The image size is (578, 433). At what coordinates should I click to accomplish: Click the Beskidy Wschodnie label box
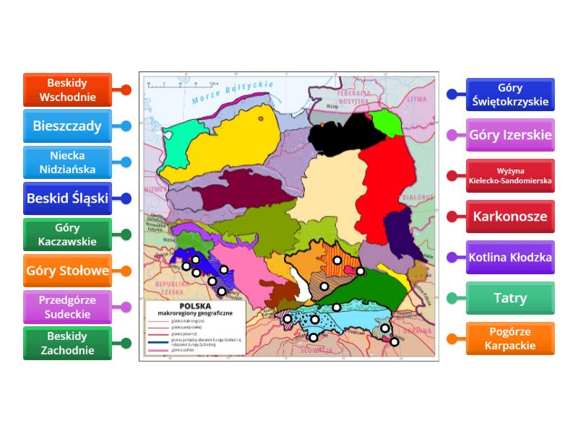point(67,90)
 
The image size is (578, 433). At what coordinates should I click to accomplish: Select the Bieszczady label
point(67,126)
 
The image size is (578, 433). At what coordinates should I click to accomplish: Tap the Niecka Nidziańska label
point(67,162)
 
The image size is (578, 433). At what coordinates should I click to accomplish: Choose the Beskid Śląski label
point(67,198)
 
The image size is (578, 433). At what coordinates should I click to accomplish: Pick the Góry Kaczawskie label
point(67,235)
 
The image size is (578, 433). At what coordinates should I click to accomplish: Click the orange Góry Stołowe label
point(67,271)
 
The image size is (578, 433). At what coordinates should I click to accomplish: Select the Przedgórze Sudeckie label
point(67,307)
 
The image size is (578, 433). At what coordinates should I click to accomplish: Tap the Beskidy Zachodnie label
point(67,344)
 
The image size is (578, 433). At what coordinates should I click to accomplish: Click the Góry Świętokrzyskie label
point(510,95)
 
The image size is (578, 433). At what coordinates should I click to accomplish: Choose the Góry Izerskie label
point(510,135)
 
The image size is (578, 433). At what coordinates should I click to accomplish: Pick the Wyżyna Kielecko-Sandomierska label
point(510,175)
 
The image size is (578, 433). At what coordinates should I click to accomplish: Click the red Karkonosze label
point(510,216)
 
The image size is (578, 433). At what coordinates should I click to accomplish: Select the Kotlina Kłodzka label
point(510,257)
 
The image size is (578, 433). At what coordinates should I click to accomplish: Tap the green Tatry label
point(510,297)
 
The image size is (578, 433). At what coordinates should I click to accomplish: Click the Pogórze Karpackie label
point(510,338)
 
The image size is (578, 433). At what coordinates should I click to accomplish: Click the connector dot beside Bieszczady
point(126,126)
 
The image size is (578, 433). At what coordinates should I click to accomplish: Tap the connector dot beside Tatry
point(452,297)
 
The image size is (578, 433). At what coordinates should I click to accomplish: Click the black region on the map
point(340,134)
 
